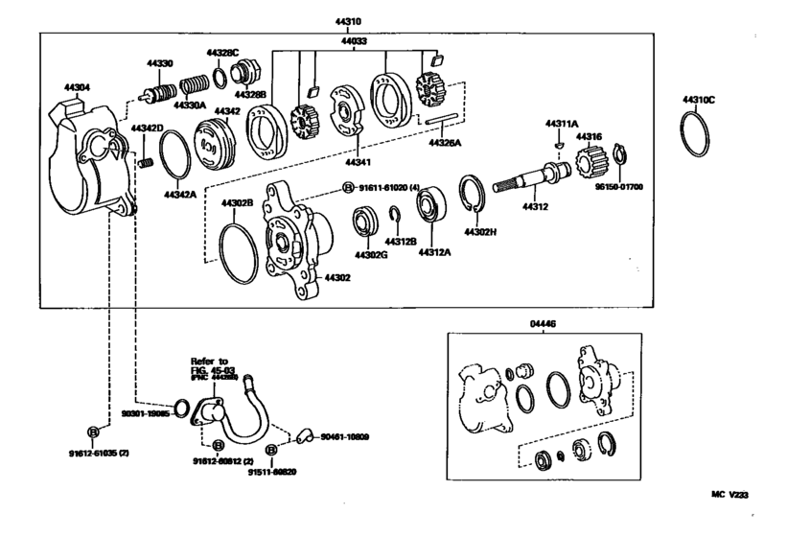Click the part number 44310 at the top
349,19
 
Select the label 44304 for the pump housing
77,87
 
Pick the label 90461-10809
345,437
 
